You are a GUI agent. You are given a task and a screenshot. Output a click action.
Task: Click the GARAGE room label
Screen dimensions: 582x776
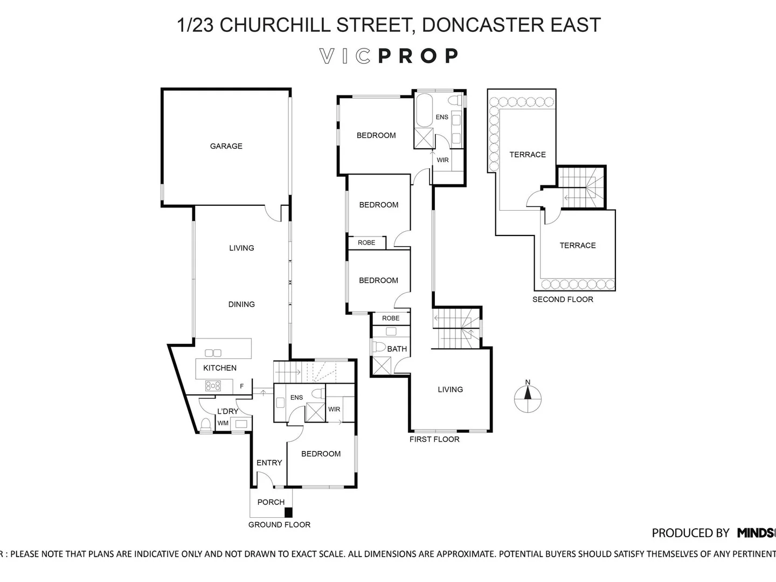tap(226, 146)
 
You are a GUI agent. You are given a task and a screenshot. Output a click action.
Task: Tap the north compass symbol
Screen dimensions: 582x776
tap(528, 398)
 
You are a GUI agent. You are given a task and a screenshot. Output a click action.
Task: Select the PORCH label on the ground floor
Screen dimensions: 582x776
tap(271, 502)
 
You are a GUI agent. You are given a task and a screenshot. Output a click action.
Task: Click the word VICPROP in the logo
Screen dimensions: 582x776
tap(389, 56)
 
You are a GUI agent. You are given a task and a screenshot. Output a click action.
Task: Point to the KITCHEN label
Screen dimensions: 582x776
tap(219, 368)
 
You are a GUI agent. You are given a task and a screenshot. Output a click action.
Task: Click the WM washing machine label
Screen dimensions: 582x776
tap(223, 423)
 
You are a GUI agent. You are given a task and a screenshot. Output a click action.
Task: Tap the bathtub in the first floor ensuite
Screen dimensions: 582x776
tap(424, 109)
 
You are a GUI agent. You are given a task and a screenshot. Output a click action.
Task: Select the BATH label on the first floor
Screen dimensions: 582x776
tap(397, 349)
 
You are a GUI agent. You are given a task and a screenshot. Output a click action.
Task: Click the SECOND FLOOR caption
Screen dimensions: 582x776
tap(563, 300)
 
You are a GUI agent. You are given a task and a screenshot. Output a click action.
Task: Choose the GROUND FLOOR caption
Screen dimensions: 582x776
tap(279, 524)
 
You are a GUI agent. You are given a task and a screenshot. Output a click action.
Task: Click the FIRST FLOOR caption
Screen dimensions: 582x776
tap(434, 439)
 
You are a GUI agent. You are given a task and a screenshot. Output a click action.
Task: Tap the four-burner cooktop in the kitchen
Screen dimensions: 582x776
tap(213, 386)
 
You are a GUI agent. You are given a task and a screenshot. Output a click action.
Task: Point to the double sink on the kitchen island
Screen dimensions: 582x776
tap(213, 353)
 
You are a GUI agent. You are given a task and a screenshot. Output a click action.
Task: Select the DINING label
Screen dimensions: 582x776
tap(241, 304)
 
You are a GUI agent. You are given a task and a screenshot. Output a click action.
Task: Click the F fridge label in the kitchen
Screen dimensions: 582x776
tap(242, 386)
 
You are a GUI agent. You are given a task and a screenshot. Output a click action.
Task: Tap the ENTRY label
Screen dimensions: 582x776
tap(269, 462)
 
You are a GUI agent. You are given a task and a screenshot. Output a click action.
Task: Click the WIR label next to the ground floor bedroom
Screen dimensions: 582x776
tap(334, 409)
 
